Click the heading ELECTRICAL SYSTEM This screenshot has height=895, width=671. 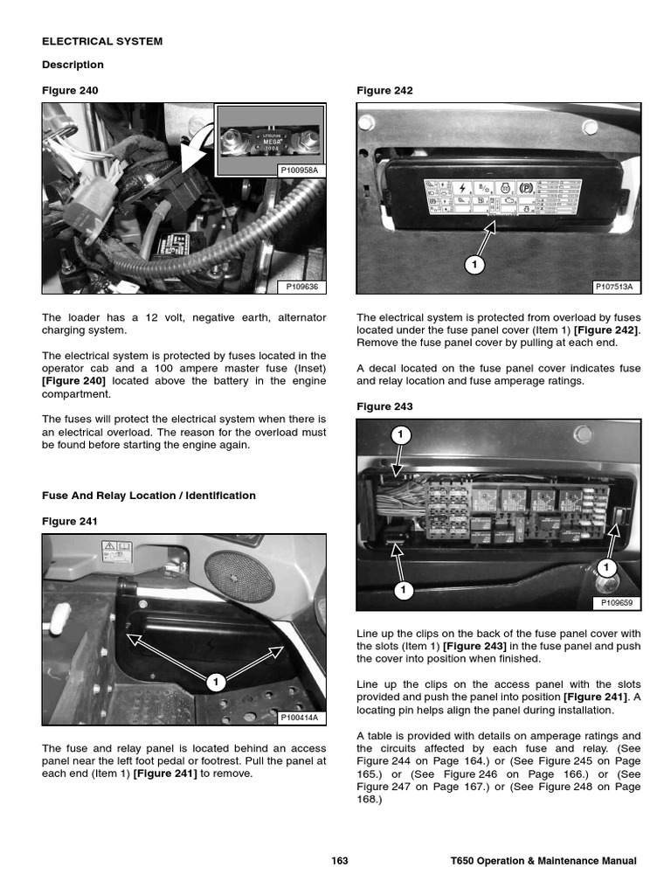click(102, 41)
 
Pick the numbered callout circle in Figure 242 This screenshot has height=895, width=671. click(474, 263)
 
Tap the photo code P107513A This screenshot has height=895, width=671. click(613, 286)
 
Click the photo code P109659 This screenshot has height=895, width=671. click(616, 602)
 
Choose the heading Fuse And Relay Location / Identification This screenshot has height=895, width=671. click(149, 496)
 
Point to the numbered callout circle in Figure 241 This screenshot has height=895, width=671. click(215, 681)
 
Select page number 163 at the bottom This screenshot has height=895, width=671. click(340, 861)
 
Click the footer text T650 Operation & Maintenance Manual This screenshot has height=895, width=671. click(537, 861)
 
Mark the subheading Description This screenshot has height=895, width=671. click(73, 65)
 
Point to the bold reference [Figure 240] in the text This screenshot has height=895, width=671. click(73, 381)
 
